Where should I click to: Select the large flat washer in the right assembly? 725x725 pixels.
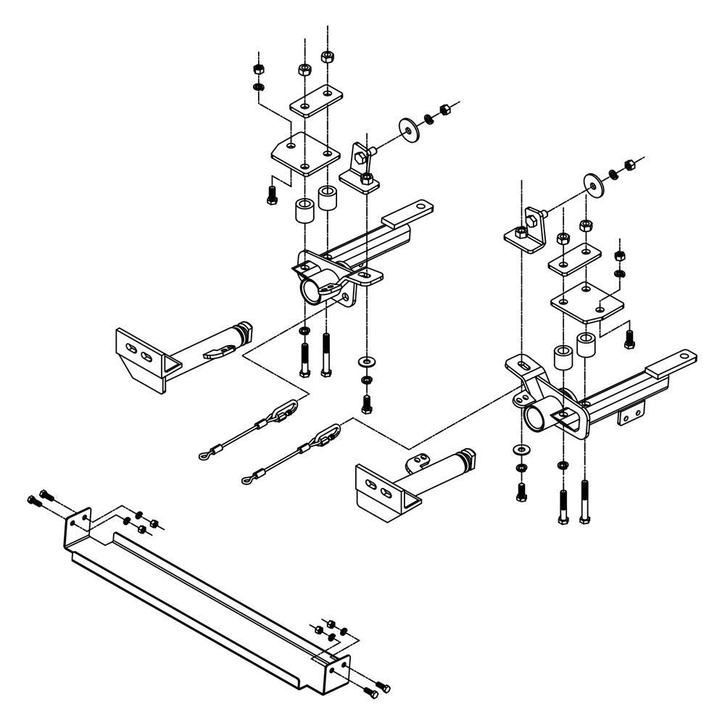pyautogui.click(x=594, y=186)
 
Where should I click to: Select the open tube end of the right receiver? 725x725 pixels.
pyautogui.click(x=536, y=419)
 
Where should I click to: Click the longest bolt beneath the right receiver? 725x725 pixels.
pyautogui.click(x=584, y=500)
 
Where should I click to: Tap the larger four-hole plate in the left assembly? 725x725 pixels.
pyautogui.click(x=304, y=154)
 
